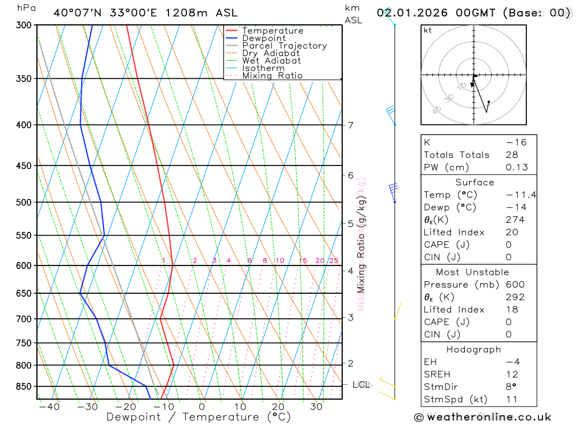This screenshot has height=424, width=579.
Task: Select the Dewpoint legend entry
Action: pos(263,39)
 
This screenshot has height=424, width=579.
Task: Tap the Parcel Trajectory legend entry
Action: pos(284,46)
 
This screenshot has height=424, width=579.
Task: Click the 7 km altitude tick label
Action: pos(350,125)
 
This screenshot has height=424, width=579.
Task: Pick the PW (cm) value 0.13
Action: pos(516,167)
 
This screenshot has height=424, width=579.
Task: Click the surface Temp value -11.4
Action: pos(521,195)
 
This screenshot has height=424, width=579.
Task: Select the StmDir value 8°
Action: pos(510,386)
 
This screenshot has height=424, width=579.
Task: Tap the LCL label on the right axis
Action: pos(361,384)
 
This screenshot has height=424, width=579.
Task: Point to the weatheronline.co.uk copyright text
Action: pos(482,417)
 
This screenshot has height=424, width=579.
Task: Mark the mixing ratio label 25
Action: pos(334,260)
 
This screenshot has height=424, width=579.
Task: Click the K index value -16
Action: pos(516,142)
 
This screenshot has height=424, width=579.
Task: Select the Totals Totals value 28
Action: pos(512,155)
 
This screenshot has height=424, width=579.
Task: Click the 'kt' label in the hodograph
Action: pos(428,30)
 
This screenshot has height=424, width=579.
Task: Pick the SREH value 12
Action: pos(512,374)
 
